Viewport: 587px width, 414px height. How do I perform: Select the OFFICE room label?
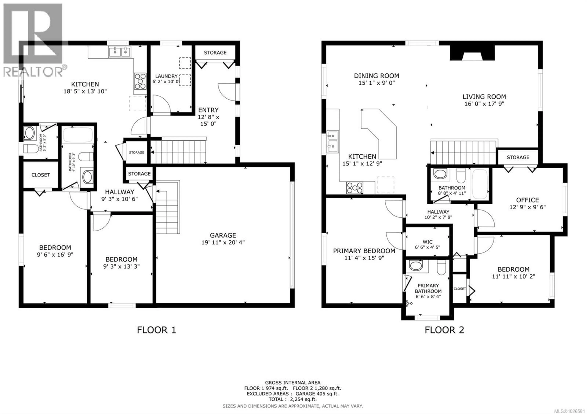coord(527,200)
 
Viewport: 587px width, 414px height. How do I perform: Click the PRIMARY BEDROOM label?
coord(364,251)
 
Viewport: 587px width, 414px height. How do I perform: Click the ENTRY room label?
coord(208,110)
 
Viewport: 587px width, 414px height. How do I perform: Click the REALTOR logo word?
coord(33,72)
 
